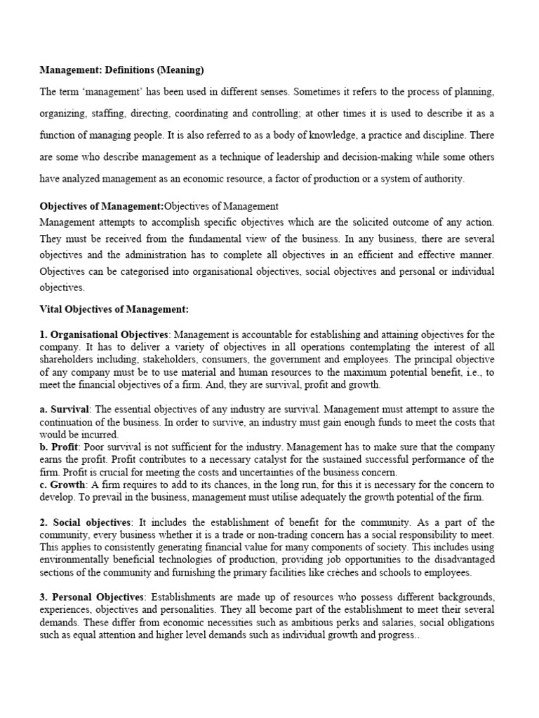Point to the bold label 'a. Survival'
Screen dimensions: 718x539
65,409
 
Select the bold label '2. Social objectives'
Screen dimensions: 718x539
85,523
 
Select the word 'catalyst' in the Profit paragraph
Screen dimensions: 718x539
262,459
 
